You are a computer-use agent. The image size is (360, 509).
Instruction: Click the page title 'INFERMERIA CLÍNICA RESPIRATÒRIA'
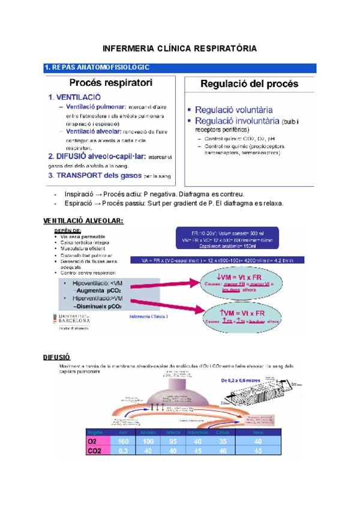coord(180,47)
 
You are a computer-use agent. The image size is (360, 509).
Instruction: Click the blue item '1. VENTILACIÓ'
coord(74,96)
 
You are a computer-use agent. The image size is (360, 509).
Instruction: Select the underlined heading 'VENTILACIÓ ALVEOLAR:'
coord(84,221)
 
